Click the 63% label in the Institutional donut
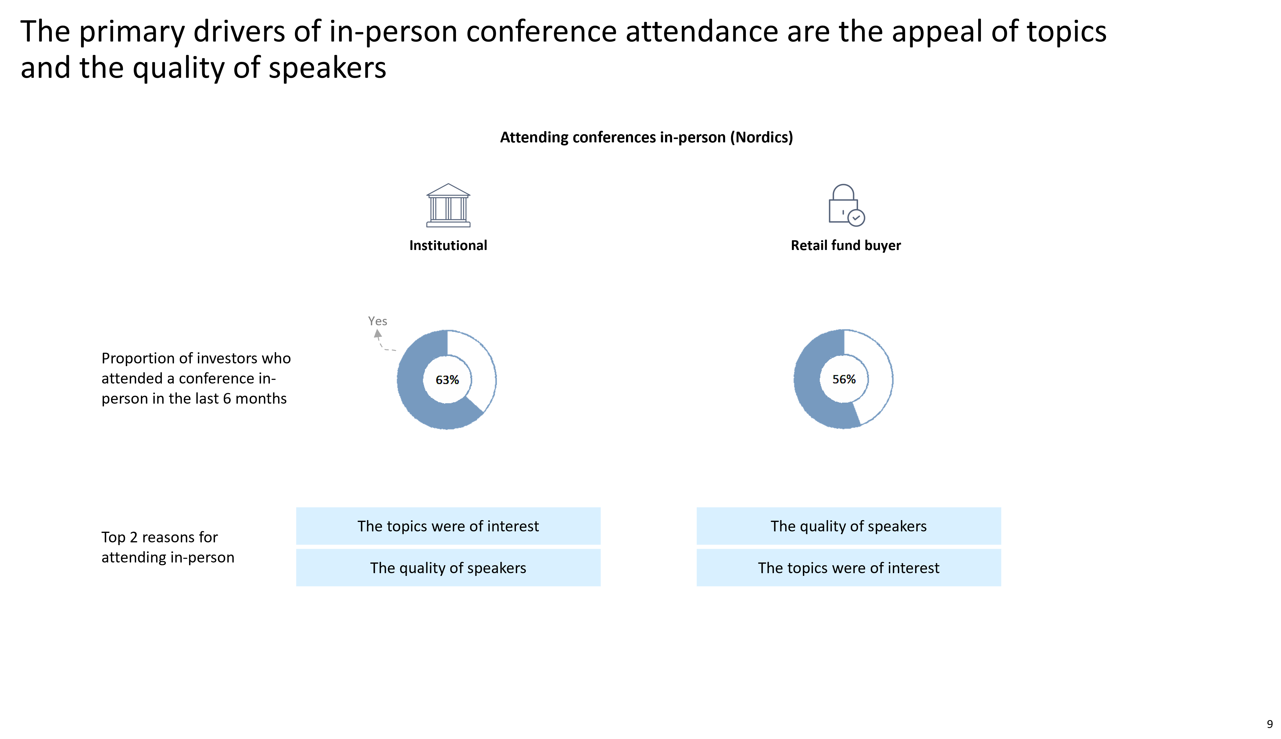pyautogui.click(x=447, y=380)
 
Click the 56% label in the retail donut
pyautogui.click(x=843, y=379)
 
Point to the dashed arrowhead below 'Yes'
pyautogui.click(x=378, y=334)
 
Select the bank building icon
pyautogui.click(x=448, y=205)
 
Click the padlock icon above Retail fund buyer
pyautogui.click(x=846, y=205)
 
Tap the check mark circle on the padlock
pyautogui.click(x=856, y=218)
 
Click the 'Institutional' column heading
pyautogui.click(x=448, y=246)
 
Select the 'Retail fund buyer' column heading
pyautogui.click(x=846, y=246)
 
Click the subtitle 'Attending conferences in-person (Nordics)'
pyautogui.click(x=646, y=137)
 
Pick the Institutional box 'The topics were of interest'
pyautogui.click(x=448, y=526)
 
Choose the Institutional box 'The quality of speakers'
pyautogui.click(x=448, y=567)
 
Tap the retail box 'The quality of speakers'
pyautogui.click(x=849, y=526)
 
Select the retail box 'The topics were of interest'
pyautogui.click(x=849, y=567)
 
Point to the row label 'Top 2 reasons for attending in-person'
pyautogui.click(x=168, y=547)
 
